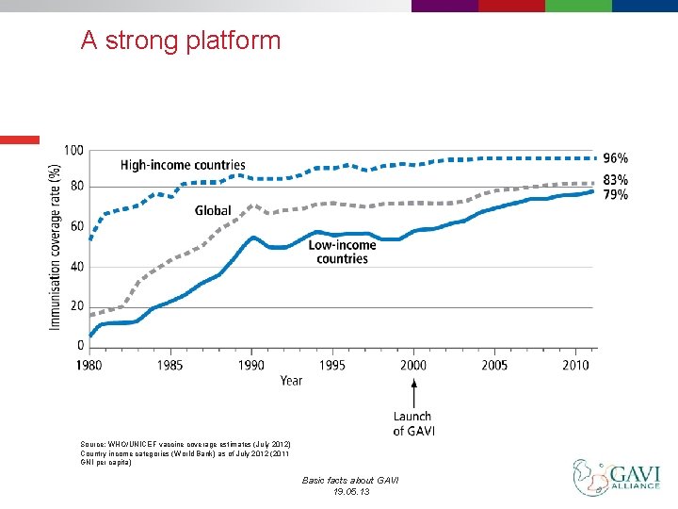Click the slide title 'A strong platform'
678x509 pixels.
pos(181,41)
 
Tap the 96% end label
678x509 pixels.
pos(615,158)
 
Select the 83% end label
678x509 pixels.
pos(615,179)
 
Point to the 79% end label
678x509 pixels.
pos(615,194)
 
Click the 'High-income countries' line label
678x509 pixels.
pos(183,166)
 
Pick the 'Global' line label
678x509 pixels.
pos(213,210)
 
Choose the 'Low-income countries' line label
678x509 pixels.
pos(342,252)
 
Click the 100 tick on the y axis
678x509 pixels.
pos(73,151)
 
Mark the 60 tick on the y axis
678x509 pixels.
pos(76,226)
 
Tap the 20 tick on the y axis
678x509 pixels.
pos(76,306)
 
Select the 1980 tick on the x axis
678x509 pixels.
pos(91,365)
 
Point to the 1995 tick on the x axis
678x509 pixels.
pos(332,365)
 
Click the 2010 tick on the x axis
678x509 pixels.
pos(574,365)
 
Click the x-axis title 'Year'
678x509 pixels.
pos(291,381)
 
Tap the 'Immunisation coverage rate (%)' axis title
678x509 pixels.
pos(55,247)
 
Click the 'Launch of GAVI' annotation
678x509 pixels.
pos(412,423)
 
